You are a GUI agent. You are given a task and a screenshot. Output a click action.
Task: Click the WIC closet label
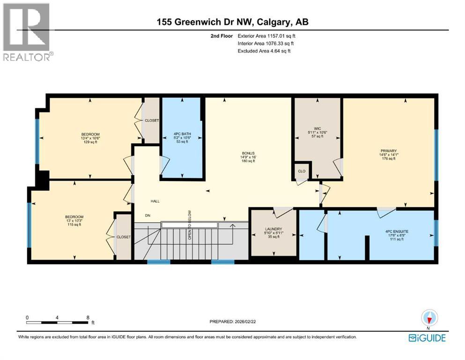tap(317, 128)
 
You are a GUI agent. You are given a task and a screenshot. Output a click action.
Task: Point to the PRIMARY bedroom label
tap(389, 151)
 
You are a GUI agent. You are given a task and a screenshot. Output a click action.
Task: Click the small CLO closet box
tap(302, 171)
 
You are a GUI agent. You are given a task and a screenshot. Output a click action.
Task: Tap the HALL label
tap(155, 201)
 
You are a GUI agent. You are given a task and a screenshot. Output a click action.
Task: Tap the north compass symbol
tap(428, 318)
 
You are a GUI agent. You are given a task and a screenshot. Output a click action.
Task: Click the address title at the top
tap(232, 22)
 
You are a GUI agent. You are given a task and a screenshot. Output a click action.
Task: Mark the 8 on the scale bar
tap(88, 317)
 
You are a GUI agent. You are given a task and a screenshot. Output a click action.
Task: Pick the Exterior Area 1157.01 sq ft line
tap(266, 36)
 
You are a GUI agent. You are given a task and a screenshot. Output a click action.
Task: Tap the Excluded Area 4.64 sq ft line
tap(264, 51)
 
